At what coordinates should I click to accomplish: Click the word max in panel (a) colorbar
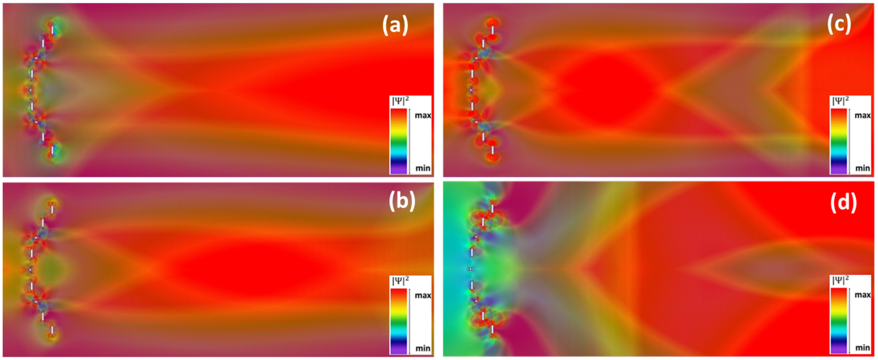[423, 116]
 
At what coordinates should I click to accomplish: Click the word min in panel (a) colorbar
[423, 168]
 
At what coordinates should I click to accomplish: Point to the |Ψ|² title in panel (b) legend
[400, 281]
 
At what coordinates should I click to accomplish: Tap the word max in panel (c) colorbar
[862, 116]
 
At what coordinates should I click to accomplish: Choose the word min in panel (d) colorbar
[862, 348]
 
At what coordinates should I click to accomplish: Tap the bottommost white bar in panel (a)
[52, 150]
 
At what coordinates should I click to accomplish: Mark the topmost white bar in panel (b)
[52, 209]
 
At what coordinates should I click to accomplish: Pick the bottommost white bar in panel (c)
[492, 150]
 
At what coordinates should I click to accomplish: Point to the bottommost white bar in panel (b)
[52, 330]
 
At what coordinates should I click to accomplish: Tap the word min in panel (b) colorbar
[423, 348]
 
